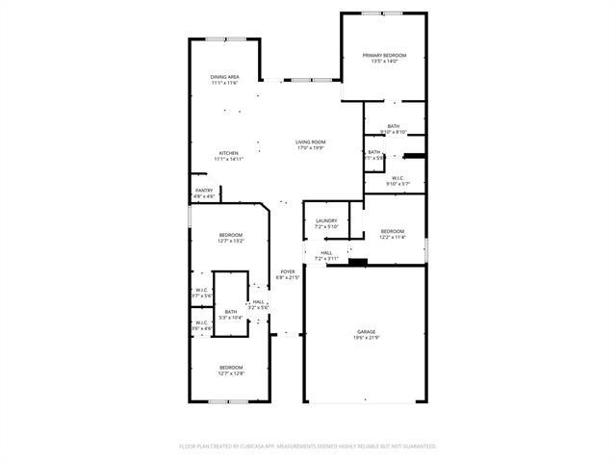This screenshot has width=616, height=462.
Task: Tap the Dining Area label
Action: pos(224,77)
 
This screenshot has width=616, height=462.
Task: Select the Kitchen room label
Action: pos(228,154)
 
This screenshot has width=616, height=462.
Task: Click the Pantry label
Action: pos(204,191)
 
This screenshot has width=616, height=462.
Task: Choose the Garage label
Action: pos(365,331)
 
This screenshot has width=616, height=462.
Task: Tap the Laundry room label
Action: pos(326,220)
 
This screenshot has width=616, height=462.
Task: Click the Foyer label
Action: pos(288,271)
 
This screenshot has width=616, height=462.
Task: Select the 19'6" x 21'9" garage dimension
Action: pos(365,338)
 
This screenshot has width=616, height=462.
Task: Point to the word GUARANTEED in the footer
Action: pos(416,447)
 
